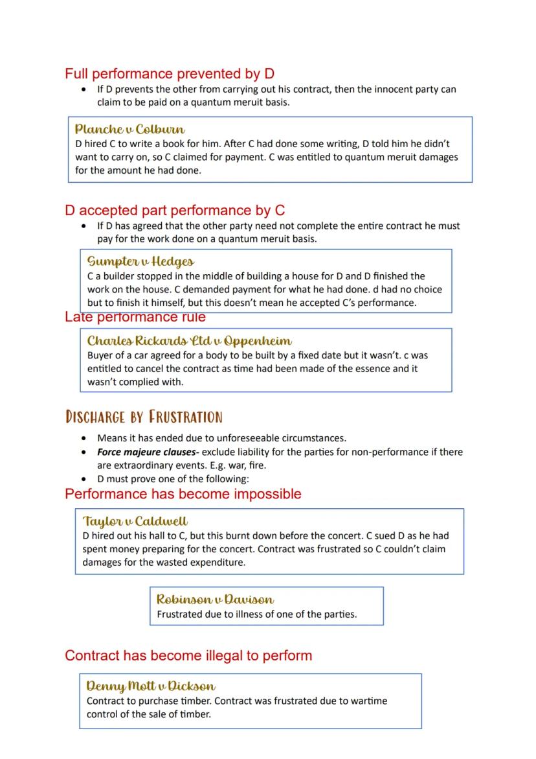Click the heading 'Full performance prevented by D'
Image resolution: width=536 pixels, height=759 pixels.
[170, 74]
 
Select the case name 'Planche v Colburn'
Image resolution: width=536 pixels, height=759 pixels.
[130, 129]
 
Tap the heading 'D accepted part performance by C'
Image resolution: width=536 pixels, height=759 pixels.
[175, 211]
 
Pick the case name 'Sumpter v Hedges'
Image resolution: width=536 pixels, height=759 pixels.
[140, 262]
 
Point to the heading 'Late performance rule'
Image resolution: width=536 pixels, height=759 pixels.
[135, 317]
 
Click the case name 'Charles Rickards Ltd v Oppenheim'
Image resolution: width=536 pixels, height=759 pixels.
[190, 341]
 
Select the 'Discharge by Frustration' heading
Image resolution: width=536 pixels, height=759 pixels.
[144, 417]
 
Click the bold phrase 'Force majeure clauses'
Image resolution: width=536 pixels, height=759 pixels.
[147, 452]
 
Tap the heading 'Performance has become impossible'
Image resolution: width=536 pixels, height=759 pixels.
[183, 494]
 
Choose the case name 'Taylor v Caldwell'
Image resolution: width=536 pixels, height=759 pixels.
[135, 522]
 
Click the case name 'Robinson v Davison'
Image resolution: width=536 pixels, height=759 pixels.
[215, 600]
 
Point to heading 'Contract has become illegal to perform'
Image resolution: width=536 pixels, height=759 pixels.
[188, 655]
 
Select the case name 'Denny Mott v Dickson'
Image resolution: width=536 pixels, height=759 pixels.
[151, 686]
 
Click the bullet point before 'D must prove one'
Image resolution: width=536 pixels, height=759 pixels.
[83, 479]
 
